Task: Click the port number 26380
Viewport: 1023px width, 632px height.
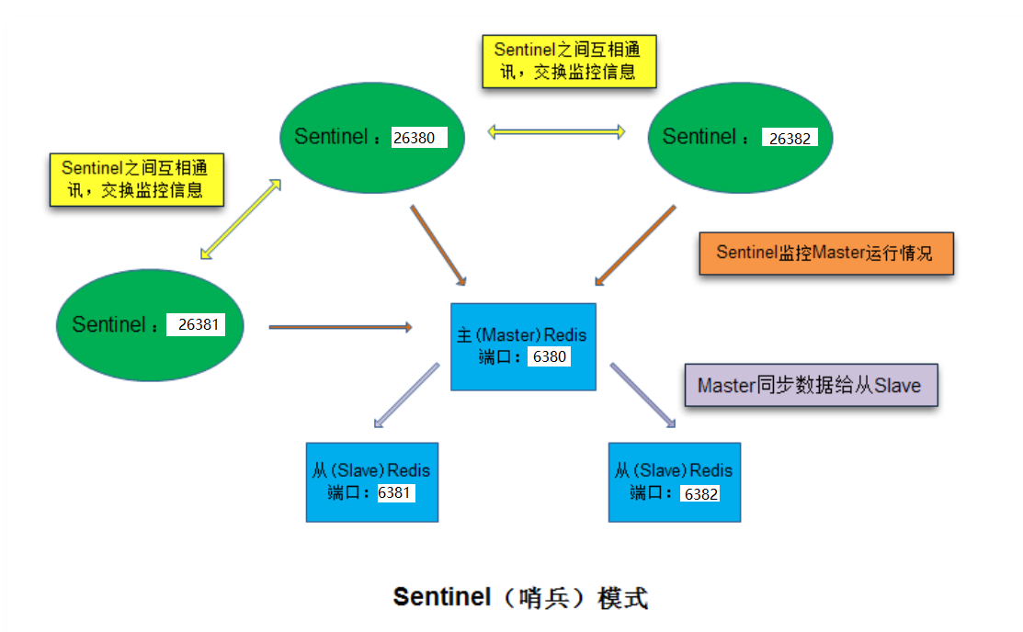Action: (419, 138)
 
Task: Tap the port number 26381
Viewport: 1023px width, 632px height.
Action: (196, 324)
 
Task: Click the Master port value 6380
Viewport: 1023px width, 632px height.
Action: (549, 356)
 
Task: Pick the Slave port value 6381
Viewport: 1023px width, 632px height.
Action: (395, 492)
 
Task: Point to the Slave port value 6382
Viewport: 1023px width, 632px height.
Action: (699, 493)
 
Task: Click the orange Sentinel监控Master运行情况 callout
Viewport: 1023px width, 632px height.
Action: (826, 253)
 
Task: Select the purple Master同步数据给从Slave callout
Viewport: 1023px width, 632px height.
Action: (811, 385)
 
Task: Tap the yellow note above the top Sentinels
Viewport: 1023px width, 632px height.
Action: (570, 60)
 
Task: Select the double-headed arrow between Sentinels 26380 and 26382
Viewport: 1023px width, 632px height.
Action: (556, 131)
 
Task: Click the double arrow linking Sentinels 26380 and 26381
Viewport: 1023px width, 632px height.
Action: (240, 219)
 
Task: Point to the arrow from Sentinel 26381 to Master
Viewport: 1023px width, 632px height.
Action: (340, 326)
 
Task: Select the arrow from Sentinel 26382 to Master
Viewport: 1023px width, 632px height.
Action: (637, 245)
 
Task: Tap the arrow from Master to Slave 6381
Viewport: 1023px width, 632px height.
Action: (406, 396)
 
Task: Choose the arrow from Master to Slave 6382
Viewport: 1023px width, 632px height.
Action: (643, 395)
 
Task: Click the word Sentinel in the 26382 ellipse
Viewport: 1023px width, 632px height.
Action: (699, 137)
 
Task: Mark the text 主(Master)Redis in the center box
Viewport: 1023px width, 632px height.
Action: (522, 335)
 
